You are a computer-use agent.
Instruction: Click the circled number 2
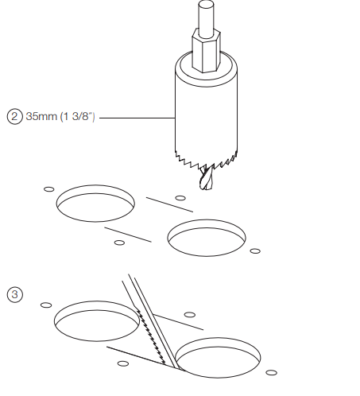[14, 117]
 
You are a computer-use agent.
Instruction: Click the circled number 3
[14, 294]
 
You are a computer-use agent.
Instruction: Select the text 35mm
[41, 116]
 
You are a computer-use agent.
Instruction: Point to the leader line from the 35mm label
[137, 118]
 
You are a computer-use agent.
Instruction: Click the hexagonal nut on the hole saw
[206, 50]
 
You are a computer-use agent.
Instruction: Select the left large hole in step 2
[95, 204]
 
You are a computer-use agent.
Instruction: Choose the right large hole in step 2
[207, 238]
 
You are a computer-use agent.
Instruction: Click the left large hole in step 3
[96, 321]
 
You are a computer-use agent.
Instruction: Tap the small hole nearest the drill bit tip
[180, 198]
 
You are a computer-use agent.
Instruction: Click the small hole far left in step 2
[49, 189]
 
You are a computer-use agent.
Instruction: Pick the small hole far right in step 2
[255, 251]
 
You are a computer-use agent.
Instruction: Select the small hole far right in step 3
[271, 373]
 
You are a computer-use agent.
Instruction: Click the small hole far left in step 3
[46, 305]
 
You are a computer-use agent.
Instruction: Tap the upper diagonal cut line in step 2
[169, 204]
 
